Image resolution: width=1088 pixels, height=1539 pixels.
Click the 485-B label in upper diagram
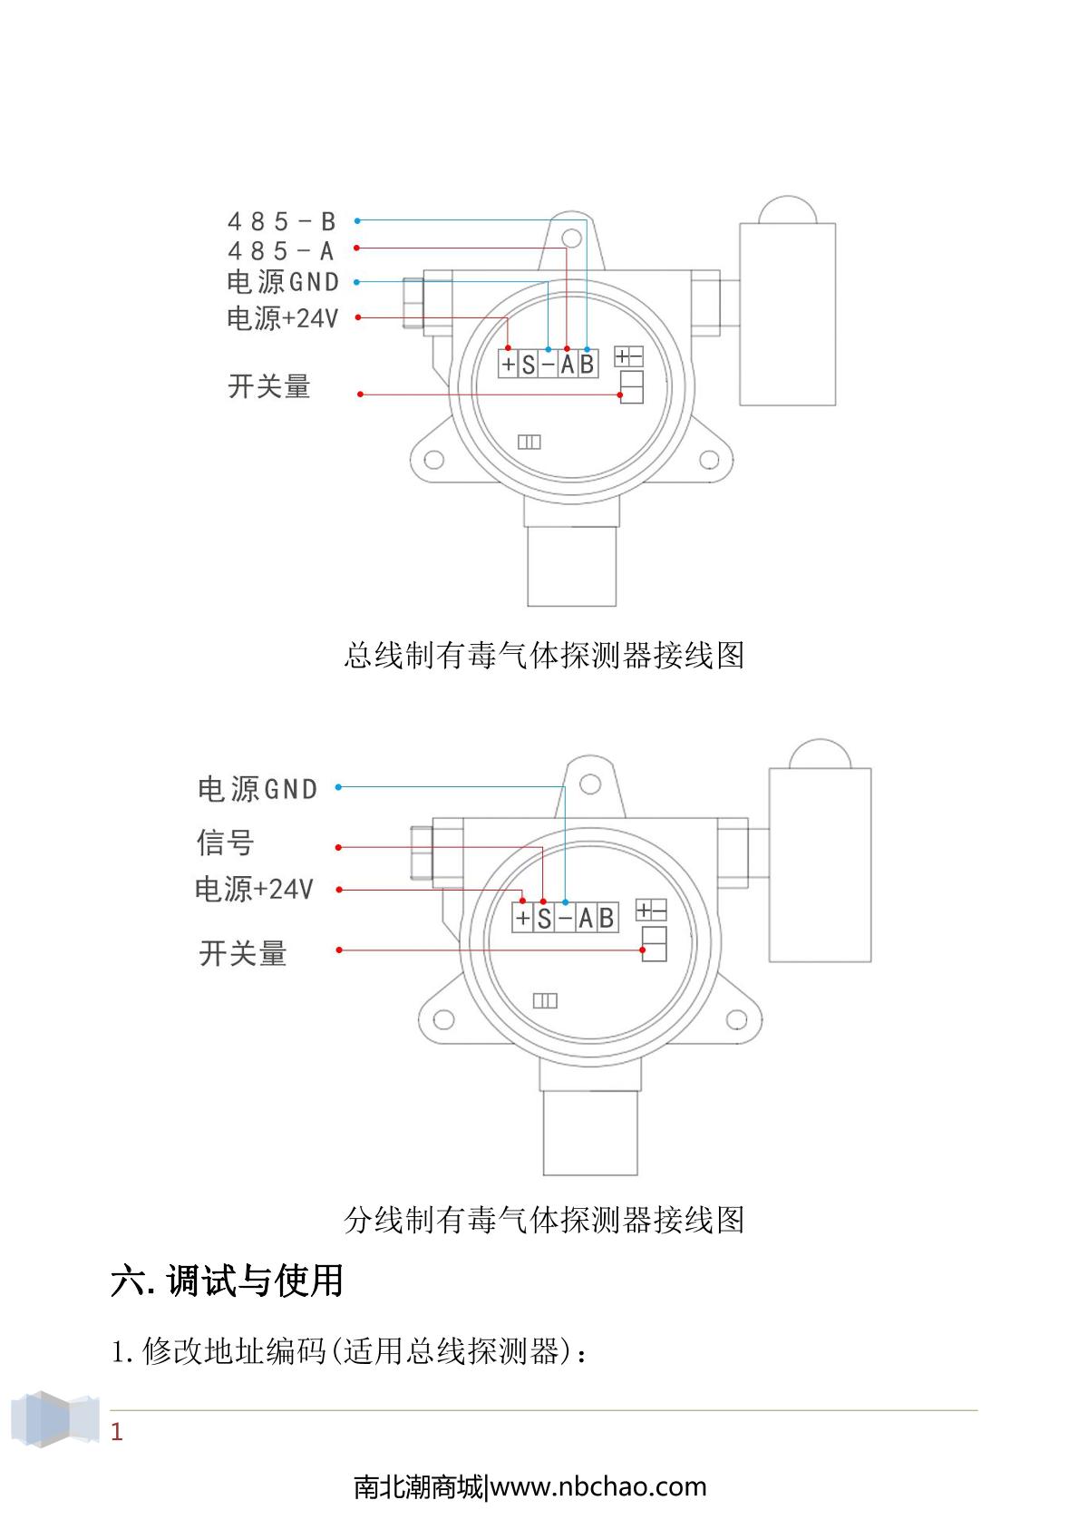pyautogui.click(x=281, y=221)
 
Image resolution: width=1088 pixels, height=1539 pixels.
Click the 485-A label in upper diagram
pyautogui.click(x=281, y=251)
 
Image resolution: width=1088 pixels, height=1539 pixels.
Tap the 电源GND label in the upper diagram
pyautogui.click(x=282, y=282)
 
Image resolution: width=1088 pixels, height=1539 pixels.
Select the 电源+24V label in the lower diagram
pyautogui.click(x=254, y=889)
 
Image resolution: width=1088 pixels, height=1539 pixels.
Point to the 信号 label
pyautogui.click(x=225, y=843)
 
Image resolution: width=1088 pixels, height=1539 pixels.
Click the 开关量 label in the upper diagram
pyautogui.click(x=268, y=386)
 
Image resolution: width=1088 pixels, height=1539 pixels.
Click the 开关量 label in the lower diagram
pyautogui.click(x=242, y=953)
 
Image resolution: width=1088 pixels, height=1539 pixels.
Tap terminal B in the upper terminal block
pyautogui.click(x=587, y=365)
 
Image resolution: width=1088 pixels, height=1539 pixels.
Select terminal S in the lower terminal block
pyautogui.click(x=543, y=918)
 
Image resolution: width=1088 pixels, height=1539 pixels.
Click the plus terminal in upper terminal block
pyautogui.click(x=508, y=365)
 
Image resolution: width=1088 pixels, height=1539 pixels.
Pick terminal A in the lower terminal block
pyautogui.click(x=585, y=918)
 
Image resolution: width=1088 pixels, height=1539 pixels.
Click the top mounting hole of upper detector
pyautogui.click(x=570, y=238)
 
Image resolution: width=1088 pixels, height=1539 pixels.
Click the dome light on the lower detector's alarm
pyautogui.click(x=819, y=755)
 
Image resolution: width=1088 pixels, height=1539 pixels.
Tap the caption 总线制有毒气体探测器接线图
pyautogui.click(x=544, y=655)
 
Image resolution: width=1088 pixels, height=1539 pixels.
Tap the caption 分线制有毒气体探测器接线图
pyautogui.click(x=544, y=1219)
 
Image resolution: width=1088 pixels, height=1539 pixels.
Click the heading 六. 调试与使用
pyautogui.click(x=227, y=1281)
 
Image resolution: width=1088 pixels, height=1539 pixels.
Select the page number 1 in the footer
pyautogui.click(x=116, y=1432)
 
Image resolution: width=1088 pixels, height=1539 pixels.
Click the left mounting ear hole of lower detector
pyautogui.click(x=442, y=1018)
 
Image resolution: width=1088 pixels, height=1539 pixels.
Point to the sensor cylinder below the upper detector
pyautogui.click(x=572, y=567)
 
